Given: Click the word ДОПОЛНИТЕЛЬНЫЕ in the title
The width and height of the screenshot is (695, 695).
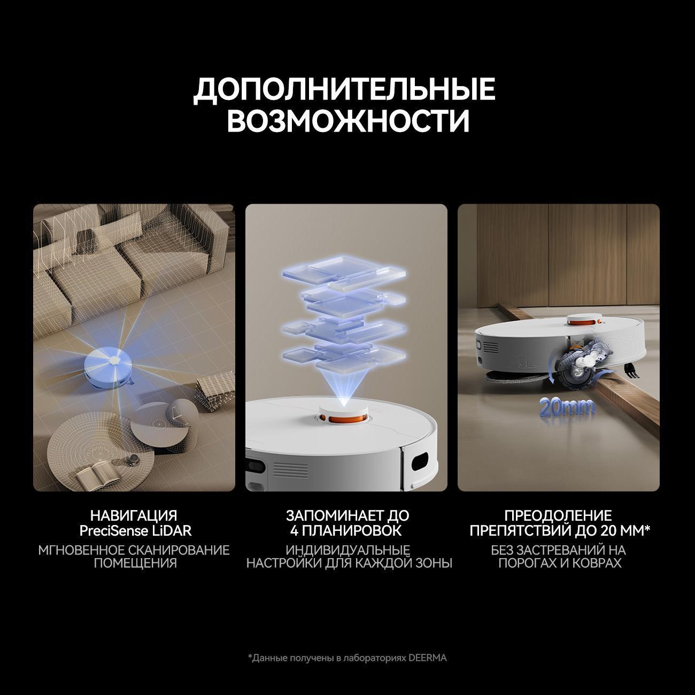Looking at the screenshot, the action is click(x=344, y=89).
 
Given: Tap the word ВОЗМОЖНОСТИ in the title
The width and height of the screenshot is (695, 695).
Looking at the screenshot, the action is click(x=348, y=120).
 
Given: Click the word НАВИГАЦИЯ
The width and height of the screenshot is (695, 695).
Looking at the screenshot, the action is click(x=134, y=516).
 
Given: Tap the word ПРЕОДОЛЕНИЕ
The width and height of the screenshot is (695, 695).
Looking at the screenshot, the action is click(x=558, y=516).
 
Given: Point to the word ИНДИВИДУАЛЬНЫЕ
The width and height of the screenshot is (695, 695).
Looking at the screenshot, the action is click(x=348, y=550).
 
